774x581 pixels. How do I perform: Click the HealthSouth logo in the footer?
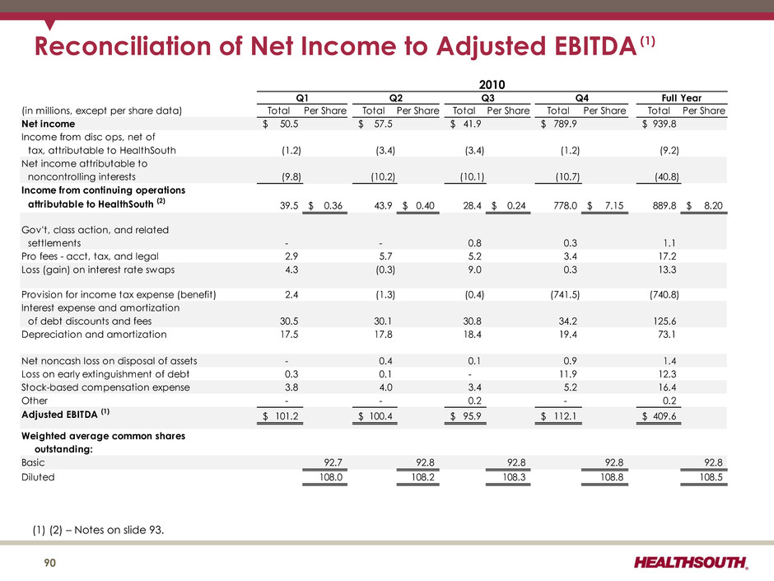[x=691, y=562]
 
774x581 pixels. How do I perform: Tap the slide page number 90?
[x=50, y=563]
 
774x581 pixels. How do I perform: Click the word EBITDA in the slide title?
[x=595, y=46]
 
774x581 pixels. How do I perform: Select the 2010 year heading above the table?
[x=492, y=85]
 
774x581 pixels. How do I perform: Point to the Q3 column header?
[x=487, y=98]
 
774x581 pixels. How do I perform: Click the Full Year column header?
[x=681, y=98]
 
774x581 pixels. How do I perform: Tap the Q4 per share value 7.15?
[x=614, y=205]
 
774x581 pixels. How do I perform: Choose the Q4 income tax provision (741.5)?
[x=565, y=295]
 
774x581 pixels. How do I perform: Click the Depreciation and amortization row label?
[x=94, y=335]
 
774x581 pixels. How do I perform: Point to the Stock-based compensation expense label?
[x=105, y=387]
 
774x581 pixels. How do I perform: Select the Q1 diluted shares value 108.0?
[x=331, y=477]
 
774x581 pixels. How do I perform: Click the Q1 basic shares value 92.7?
[x=333, y=462]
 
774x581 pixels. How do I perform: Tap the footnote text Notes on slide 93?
[x=119, y=530]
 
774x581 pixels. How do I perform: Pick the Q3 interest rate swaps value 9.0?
[x=474, y=269]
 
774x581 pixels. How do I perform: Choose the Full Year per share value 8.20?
[x=713, y=205]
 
